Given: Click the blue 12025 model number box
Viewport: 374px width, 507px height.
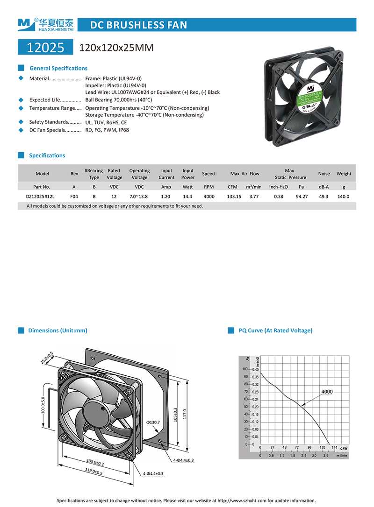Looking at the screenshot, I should pos(45,47).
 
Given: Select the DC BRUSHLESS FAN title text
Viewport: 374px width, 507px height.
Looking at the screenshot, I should pos(138,25).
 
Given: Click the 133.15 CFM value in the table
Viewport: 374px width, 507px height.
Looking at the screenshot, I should pos(234,197).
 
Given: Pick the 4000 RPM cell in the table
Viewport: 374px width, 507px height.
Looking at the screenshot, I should pos(209,197).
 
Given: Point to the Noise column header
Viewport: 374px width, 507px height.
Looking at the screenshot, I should pos(324,174).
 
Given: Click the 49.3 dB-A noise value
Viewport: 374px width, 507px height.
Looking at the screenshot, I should pos(324,197).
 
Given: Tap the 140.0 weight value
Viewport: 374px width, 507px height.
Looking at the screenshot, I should pos(344,197).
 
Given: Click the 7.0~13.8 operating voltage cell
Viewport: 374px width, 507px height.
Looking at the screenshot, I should pos(139,197).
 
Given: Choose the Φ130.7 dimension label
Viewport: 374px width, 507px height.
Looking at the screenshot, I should pos(153,422).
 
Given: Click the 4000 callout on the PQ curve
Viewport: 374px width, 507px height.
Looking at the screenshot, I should pos(327,392).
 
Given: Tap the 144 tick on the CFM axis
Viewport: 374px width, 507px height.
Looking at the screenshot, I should pos(334,448).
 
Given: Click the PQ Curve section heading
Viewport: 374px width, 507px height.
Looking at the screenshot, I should pos(275,331).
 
